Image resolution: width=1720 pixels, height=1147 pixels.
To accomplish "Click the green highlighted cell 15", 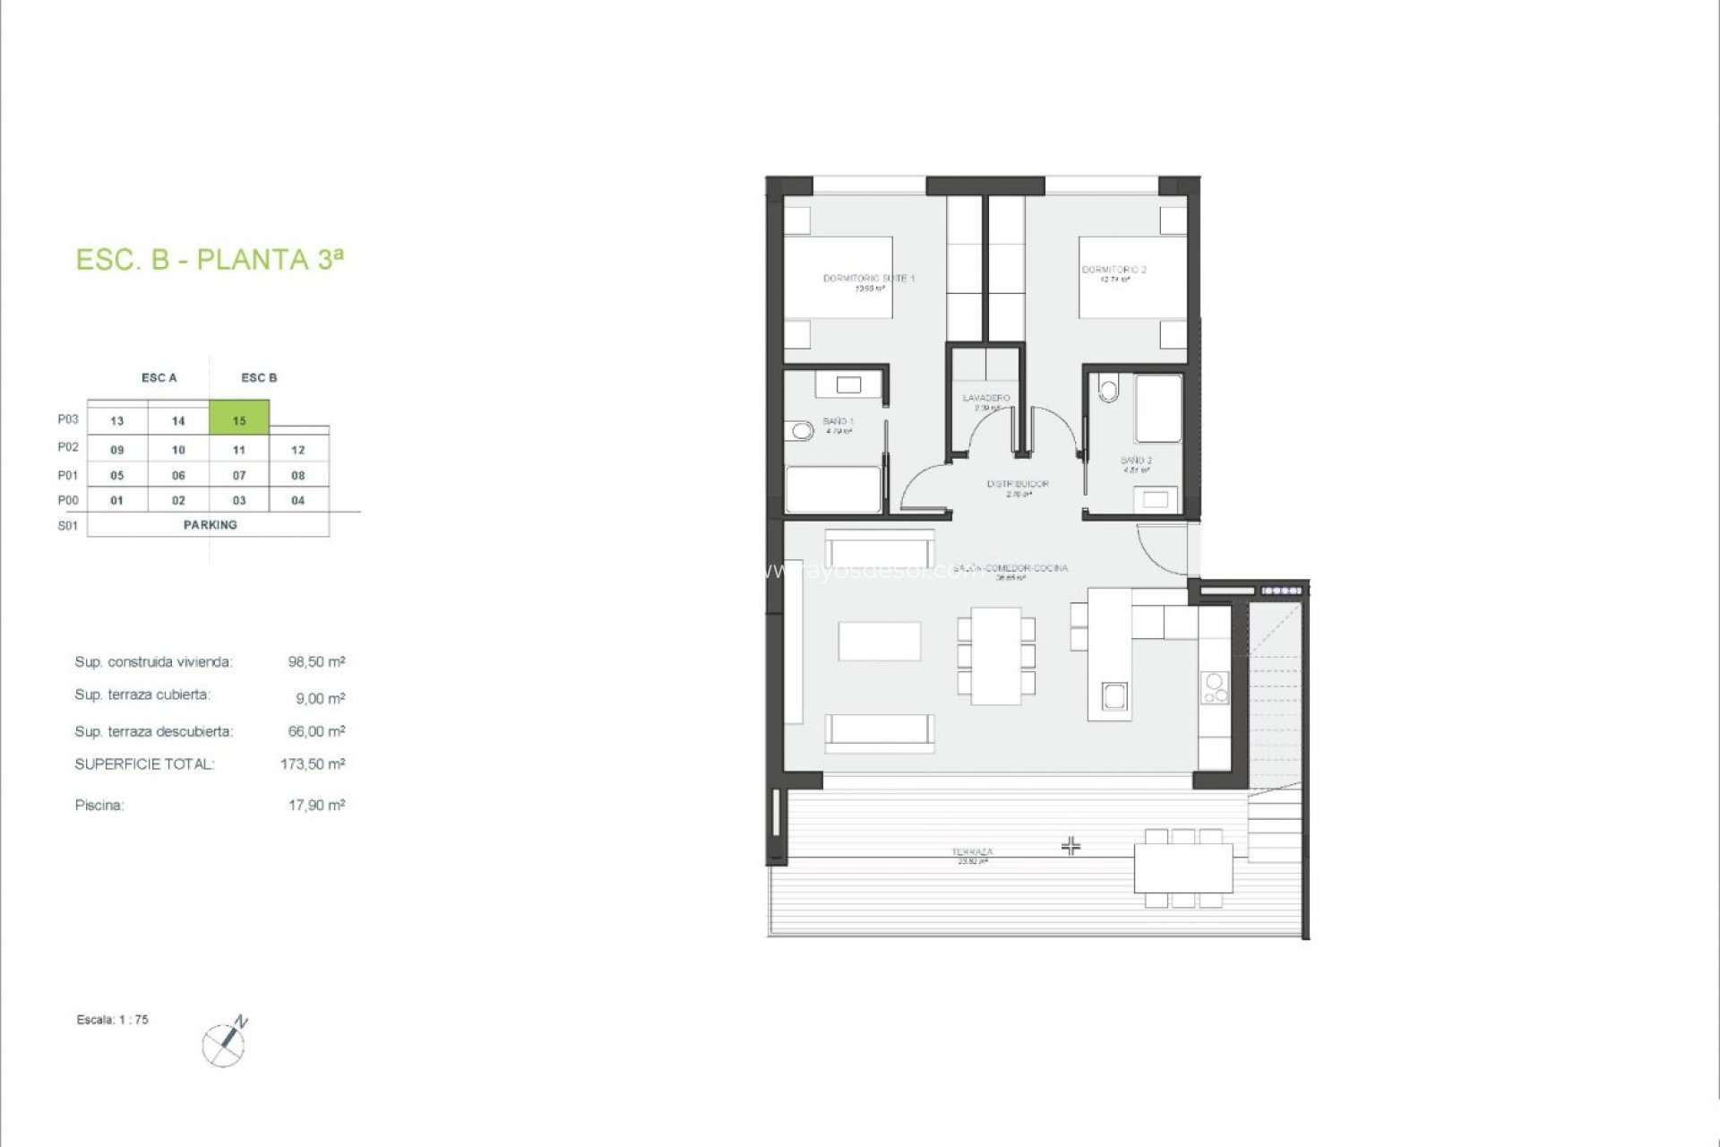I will (239, 418).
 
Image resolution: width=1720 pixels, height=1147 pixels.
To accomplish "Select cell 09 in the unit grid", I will (117, 450).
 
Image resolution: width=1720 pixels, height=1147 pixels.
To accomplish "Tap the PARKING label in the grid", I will (210, 525).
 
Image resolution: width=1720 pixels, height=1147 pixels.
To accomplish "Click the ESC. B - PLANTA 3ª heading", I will (210, 260).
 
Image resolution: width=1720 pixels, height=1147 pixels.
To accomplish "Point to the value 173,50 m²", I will (313, 764).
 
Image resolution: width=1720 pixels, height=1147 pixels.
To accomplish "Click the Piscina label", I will (99, 806).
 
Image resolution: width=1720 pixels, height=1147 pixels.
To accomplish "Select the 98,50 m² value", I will (316, 662).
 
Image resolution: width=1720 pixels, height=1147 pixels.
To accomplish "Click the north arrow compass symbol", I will (225, 1041).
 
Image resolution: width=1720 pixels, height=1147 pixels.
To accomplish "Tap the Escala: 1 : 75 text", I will (113, 1020).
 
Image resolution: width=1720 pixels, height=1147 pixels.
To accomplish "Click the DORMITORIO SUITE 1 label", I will (868, 279).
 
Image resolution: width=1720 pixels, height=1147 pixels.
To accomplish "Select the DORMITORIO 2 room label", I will (1114, 270).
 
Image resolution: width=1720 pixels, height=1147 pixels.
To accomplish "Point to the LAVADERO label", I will (986, 398).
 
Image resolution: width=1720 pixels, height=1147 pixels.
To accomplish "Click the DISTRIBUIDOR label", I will (1018, 484).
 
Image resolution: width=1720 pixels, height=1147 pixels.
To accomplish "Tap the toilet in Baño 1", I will (801, 432).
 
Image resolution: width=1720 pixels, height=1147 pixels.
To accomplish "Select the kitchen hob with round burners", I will (1216, 688).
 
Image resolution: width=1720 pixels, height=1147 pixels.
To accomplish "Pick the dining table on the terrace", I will (1183, 867).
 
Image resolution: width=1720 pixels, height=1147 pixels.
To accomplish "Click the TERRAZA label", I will (972, 852).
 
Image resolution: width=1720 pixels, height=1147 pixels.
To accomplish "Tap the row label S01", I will (68, 526).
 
